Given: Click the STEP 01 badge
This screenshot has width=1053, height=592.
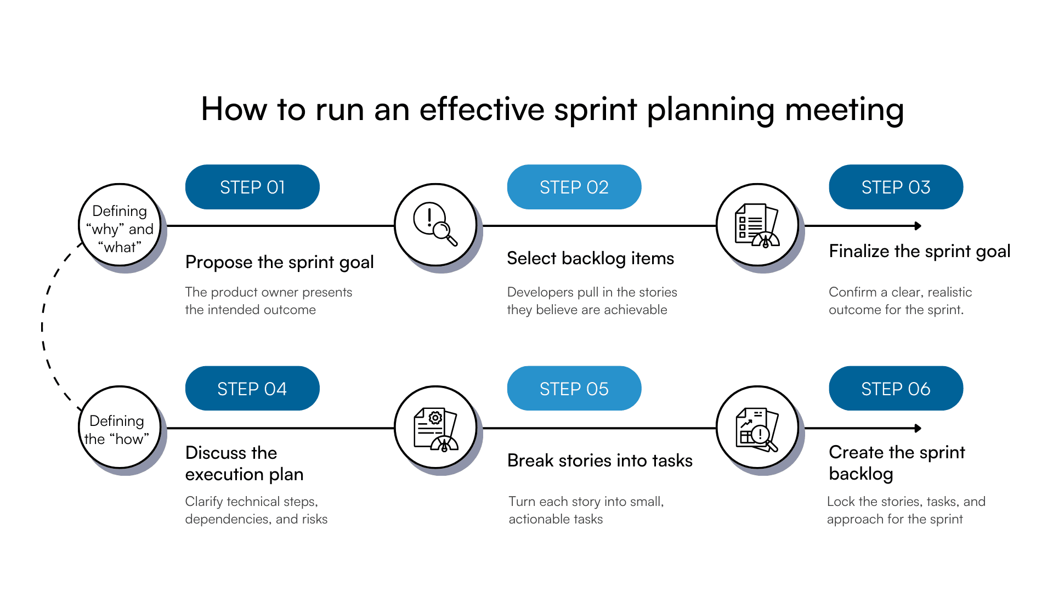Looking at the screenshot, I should pyautogui.click(x=252, y=187).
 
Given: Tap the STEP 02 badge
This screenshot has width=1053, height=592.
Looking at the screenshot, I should pyautogui.click(x=574, y=187).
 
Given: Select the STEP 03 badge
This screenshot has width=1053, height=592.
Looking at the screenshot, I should pyautogui.click(x=896, y=187).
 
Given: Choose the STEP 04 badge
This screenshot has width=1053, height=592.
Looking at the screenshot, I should pyautogui.click(x=252, y=389).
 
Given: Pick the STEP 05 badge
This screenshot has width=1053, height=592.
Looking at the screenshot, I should pyautogui.click(x=574, y=389).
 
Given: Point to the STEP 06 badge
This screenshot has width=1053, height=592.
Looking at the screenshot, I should pyautogui.click(x=896, y=389).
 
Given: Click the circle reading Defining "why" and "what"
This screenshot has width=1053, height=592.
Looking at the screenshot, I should pyautogui.click(x=120, y=225).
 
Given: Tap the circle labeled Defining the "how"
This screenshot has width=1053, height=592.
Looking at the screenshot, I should pyautogui.click(x=120, y=428).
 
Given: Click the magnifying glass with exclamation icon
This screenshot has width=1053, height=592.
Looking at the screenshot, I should pyautogui.click(x=435, y=225).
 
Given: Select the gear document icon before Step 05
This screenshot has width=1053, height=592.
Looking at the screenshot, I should pyautogui.click(x=435, y=428).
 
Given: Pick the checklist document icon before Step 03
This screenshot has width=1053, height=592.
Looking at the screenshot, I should pyautogui.click(x=757, y=225).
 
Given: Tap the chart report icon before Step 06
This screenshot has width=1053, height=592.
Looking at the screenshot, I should pyautogui.click(x=757, y=428).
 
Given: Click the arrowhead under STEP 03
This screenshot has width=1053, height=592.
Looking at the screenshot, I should pyautogui.click(x=918, y=226).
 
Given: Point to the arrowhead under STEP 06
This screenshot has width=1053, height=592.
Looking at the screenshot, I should pyautogui.click(x=918, y=428).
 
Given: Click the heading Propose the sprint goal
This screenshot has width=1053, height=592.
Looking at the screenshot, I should pyautogui.click(x=279, y=263).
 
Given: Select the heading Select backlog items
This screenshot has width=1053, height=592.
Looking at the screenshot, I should pyautogui.click(x=590, y=258).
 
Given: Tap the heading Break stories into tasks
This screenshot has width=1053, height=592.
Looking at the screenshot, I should pyautogui.click(x=599, y=460).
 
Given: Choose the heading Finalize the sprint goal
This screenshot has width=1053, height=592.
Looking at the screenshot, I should pyautogui.click(x=919, y=251).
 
